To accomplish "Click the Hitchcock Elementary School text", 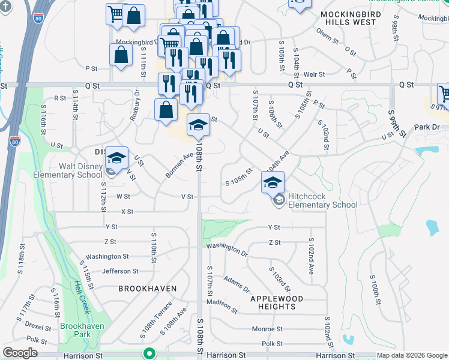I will [322, 200].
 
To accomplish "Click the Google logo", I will [20, 353].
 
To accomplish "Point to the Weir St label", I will [314, 74].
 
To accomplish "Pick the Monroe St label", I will [267, 329].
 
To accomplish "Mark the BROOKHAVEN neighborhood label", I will [147, 289].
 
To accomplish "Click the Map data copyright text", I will [412, 355].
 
